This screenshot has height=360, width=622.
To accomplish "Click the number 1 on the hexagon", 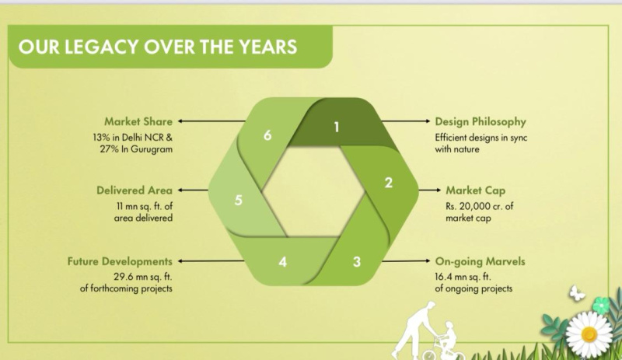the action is pos(337,127).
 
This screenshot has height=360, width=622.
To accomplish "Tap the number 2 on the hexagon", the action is pos(388,183).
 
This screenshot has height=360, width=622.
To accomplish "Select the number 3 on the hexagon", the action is pos(357,261).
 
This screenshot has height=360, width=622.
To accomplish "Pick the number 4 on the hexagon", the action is pos(282,261).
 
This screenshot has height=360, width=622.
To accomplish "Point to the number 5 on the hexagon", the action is pos(238,200).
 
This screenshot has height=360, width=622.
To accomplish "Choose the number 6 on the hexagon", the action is pos(267,135).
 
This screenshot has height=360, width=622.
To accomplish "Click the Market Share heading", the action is pos(138,121).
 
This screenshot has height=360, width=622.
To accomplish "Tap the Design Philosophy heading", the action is pos(480,122).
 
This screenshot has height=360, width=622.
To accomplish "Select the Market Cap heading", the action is pos(476,190).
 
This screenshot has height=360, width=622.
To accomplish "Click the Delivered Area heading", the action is pos(135,190).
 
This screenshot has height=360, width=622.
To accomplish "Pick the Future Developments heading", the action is pos(120,261).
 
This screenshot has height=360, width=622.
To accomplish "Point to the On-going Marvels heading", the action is pos(480,261).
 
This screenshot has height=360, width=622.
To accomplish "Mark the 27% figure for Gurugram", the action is pos(109,149).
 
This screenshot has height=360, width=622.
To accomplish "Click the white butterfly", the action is pos(577,293).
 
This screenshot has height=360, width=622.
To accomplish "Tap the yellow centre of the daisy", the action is pos(589,334).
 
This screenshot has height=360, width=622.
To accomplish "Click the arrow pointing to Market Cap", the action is pos(430,190).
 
